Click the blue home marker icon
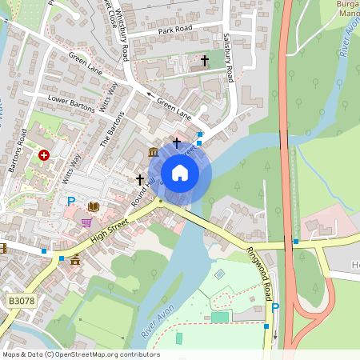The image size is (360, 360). click(179, 172)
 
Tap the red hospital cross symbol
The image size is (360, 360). click(43, 154)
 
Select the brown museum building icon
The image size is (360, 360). click(153, 152)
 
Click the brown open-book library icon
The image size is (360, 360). click(93, 207)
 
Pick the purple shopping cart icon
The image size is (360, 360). click(86, 222)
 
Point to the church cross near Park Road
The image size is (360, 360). click(204, 60)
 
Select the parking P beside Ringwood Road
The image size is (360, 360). click(275, 307)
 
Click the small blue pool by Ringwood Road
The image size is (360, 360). click(220, 274)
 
